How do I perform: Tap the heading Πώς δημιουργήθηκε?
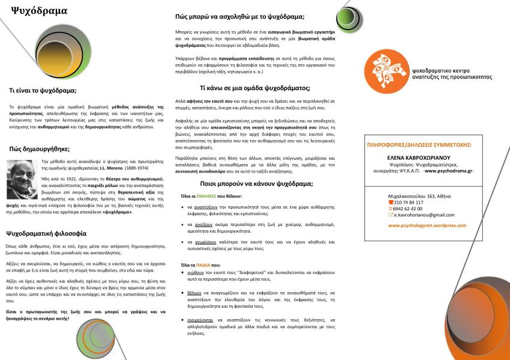(40, 149)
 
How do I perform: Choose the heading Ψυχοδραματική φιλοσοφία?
(47, 233)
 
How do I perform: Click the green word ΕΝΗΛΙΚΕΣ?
(207, 196)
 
